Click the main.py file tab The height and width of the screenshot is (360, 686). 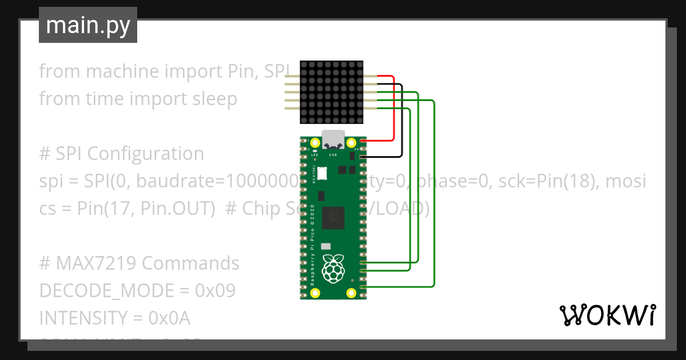(x=88, y=25)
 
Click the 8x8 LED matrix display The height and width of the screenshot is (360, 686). (x=332, y=93)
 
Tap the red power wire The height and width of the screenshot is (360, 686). (x=393, y=109)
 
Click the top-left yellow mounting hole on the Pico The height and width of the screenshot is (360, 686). (x=314, y=142)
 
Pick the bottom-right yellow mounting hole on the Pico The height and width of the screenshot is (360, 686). (x=352, y=293)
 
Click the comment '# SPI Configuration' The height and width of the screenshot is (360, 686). (x=121, y=154)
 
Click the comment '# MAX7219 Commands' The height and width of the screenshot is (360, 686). (x=139, y=263)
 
